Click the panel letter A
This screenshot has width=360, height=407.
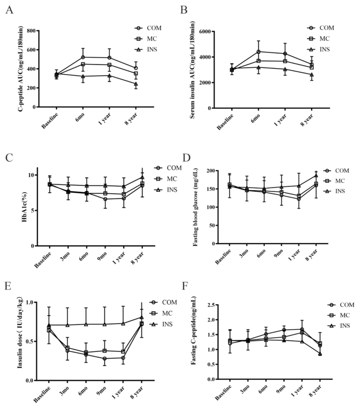[x=9, y=9]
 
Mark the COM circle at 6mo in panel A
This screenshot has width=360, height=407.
[x=83, y=57]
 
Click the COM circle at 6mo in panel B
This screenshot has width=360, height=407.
[x=259, y=51]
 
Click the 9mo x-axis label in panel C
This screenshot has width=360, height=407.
[x=103, y=258]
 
